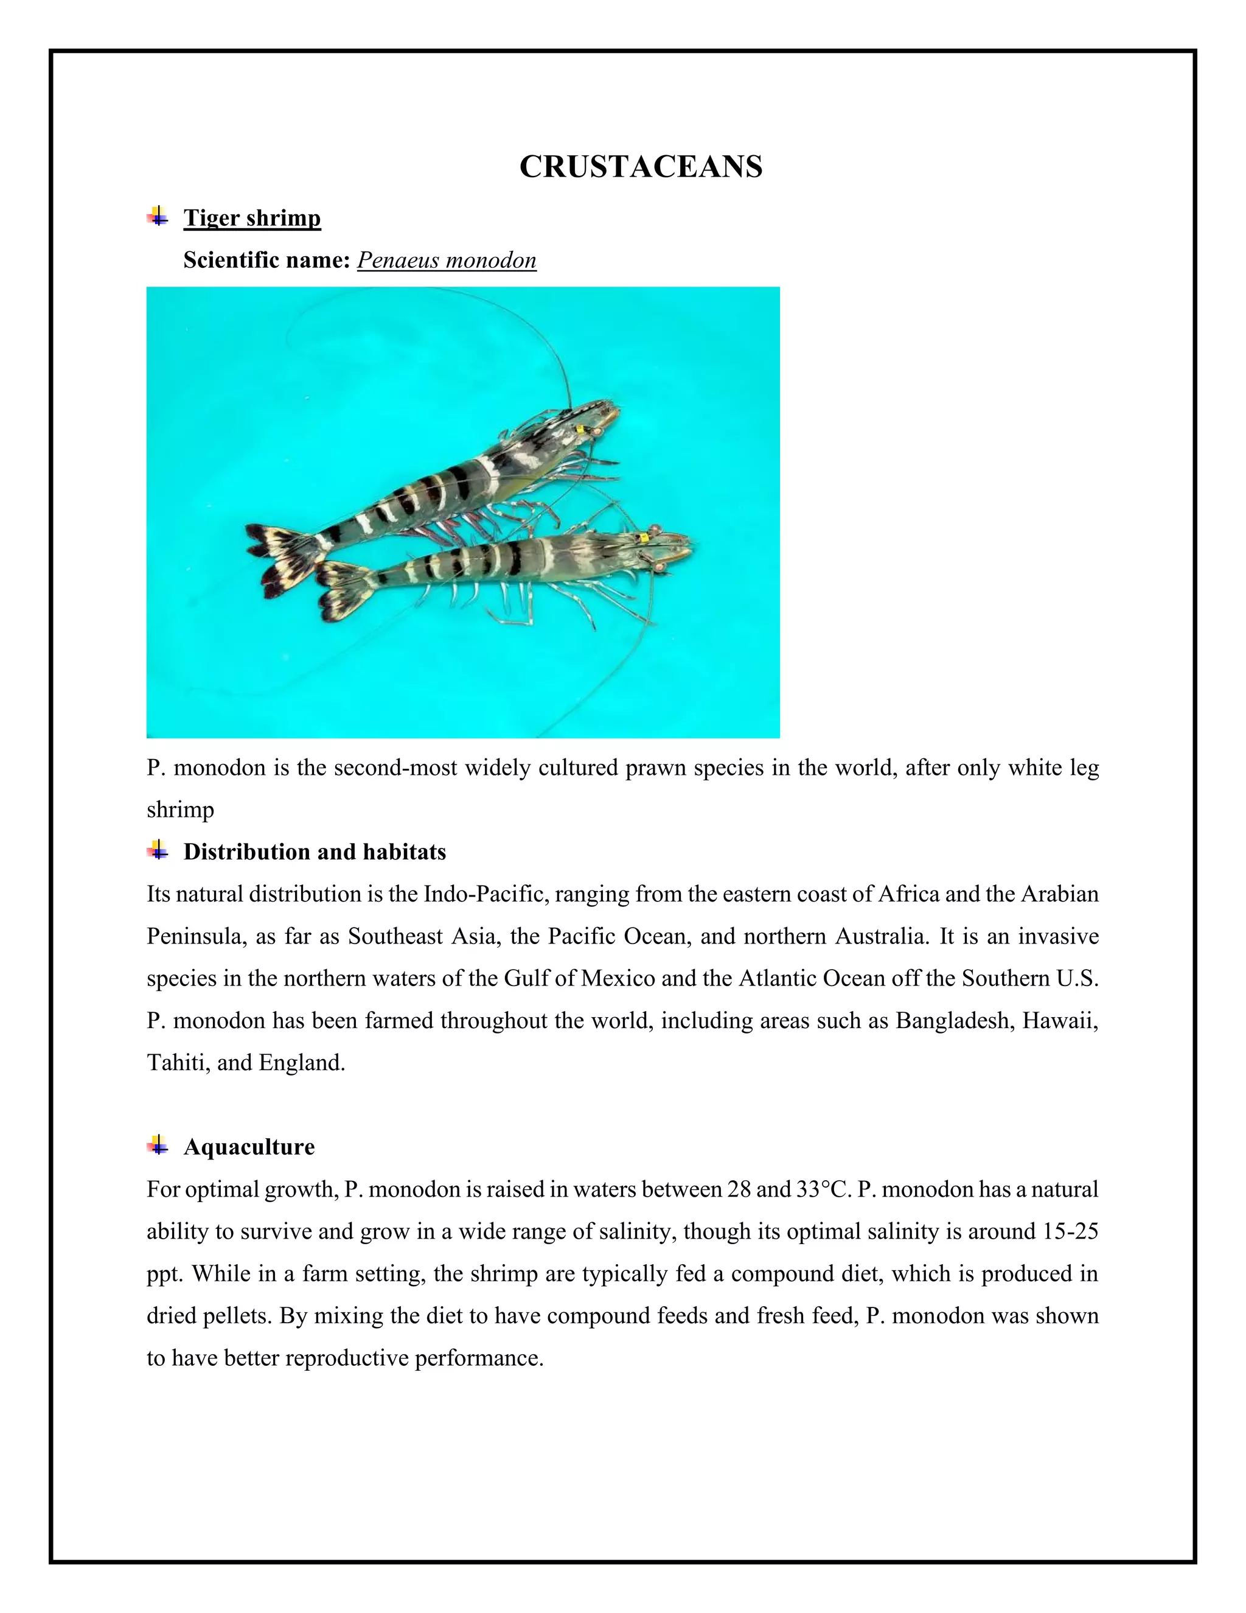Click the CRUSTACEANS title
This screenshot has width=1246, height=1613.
point(641,167)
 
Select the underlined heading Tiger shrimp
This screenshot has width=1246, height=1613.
point(252,218)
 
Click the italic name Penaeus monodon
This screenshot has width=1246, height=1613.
point(447,260)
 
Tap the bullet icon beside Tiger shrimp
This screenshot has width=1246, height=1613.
point(156,217)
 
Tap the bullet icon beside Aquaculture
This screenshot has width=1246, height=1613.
point(156,1146)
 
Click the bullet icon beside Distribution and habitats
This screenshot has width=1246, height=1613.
point(156,850)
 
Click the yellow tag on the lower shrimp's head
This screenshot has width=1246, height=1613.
point(644,537)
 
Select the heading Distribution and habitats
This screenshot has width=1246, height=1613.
point(315,852)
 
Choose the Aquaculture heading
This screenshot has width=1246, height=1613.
point(249,1147)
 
